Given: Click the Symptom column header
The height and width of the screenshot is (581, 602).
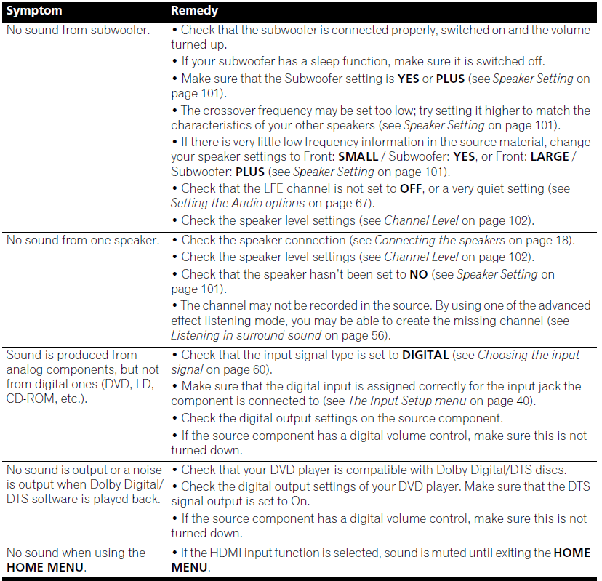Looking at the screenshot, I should tap(34, 11).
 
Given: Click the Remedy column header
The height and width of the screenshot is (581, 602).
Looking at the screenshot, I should tap(194, 11).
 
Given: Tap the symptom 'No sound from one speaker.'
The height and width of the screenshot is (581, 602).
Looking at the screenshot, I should tap(83, 240).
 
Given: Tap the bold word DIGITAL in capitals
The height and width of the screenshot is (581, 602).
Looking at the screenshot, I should tap(425, 355).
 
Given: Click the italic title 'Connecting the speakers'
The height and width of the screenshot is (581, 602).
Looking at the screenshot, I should tap(440, 240).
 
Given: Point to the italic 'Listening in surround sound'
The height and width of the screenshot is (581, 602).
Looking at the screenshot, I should tap(246, 335).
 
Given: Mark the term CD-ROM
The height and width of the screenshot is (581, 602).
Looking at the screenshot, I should tap(35, 398).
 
